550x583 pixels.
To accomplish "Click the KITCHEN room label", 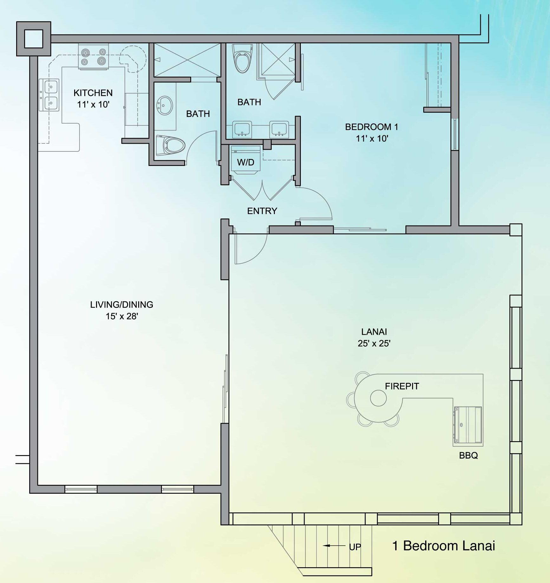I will pos(93,93).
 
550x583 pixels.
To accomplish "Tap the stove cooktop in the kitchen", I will pos(94,57).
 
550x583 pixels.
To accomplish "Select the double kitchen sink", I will pos(49,95).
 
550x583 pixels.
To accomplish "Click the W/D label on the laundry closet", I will pos(246,162).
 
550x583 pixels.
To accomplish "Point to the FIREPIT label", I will pos(402,386).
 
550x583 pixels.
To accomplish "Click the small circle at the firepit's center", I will pos(378,398).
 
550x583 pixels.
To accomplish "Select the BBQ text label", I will pos(468,455).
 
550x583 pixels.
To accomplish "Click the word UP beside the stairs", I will pos(355,547).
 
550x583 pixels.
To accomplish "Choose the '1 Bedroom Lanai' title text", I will pos(443,546).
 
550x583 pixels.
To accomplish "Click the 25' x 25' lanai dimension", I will pos(374,343).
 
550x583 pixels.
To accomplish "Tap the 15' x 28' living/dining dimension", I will pos(122,316).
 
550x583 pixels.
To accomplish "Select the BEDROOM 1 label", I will pos(371,127).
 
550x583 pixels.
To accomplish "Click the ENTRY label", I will pos(262,211).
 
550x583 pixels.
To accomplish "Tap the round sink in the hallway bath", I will pos(165,105).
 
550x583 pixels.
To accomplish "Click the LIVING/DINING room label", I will pos(122,304).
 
